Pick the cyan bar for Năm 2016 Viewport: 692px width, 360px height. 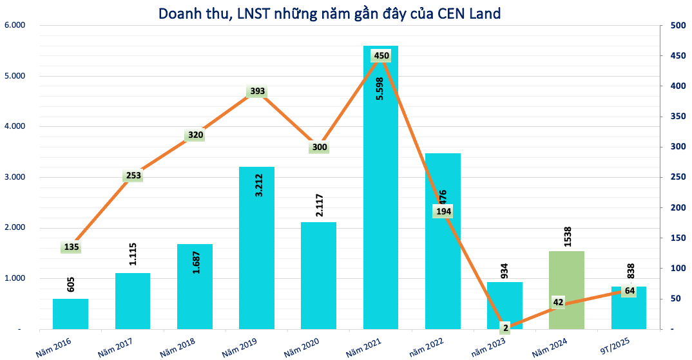[x=71, y=314]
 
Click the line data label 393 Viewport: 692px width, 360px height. [x=257, y=91]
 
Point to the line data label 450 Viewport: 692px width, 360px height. [x=381, y=56]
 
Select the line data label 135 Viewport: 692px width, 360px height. [x=71, y=247]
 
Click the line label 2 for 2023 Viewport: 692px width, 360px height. [x=506, y=328]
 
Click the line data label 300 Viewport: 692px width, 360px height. [x=320, y=147]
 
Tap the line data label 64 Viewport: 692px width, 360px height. [x=630, y=290]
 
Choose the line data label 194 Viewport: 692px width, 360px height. [x=443, y=211]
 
